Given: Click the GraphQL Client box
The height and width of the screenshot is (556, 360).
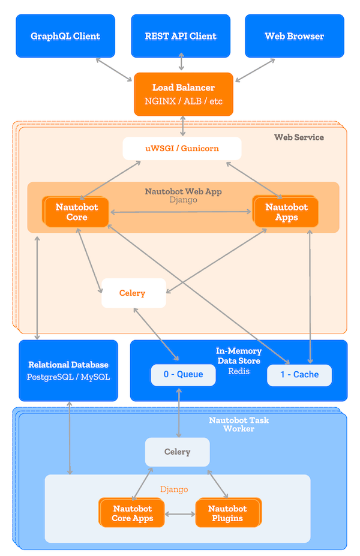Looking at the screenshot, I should pos(65,36).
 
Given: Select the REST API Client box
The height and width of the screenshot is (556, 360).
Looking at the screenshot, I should pos(181,36).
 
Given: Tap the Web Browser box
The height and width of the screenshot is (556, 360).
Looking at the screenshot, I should pos(294,36).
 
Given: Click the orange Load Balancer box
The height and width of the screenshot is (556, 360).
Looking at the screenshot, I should pos(183,94).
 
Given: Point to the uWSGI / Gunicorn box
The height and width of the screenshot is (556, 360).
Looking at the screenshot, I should pos(182,148).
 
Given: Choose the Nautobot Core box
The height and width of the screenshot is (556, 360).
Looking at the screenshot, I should pos(76,212).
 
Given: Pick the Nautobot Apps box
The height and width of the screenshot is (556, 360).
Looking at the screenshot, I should pos(286,212).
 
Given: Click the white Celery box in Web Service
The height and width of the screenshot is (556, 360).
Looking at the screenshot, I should pos(133,293).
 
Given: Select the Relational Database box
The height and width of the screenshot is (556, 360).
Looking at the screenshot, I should pos(68,370).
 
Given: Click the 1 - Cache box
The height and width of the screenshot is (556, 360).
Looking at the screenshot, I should pos(299,374).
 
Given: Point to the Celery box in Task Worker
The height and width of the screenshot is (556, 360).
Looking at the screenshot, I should pos(177,452).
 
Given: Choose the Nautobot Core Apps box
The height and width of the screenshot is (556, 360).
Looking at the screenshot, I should pos(133,513).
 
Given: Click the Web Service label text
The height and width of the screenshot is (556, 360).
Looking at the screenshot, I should pos(299,137).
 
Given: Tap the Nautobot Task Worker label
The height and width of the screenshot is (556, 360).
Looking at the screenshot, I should pos(239,424).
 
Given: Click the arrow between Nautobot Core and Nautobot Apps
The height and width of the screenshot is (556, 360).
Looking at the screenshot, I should pos(180,212).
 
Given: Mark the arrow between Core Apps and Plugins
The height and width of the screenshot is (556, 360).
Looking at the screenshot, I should pos(180,514).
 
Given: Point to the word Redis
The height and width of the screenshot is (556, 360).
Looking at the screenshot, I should pos(238,371).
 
